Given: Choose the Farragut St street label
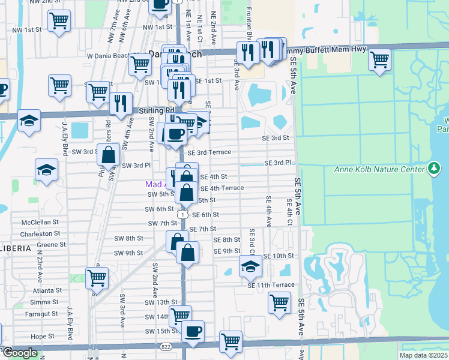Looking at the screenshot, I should (43, 314).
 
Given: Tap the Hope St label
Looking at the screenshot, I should (43, 337).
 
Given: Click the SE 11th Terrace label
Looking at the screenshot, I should (271, 285).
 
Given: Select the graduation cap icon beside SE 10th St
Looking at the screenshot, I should (250, 266).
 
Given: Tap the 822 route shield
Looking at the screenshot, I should (166, 347).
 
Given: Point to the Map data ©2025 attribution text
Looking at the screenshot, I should (423, 355).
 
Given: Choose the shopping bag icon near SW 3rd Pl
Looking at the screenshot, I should (108, 154).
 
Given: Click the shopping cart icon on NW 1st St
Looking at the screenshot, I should (59, 21).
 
